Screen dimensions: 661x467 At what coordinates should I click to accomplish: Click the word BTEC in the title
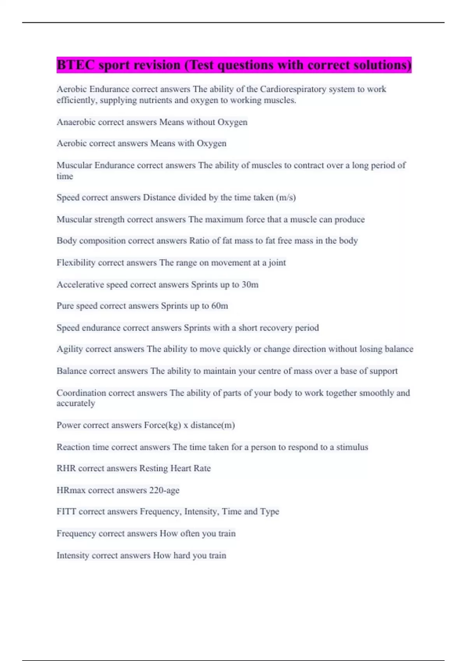point(75,65)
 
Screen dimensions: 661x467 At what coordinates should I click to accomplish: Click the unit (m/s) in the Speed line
point(286,198)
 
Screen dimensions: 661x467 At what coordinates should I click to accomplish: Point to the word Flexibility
point(76,263)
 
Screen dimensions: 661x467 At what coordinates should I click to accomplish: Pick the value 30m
point(250,285)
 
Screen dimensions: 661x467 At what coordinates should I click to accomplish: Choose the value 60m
point(219,306)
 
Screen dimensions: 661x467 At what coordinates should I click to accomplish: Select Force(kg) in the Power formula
point(162,425)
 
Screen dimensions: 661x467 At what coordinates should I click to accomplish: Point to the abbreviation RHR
point(66,469)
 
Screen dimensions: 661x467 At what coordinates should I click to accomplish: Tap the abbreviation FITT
point(67,512)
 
